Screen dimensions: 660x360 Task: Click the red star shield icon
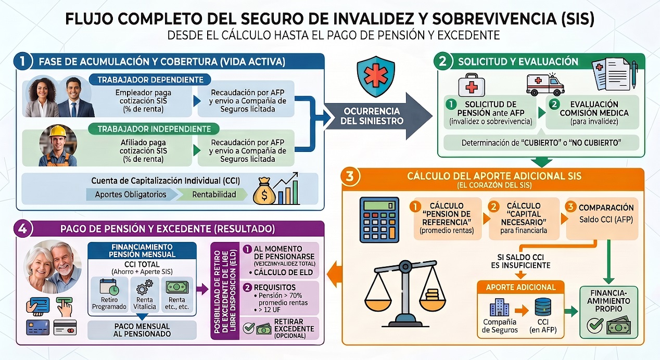(375, 76)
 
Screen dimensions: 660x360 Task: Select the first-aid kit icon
(472, 85)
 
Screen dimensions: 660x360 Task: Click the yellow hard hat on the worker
(58, 131)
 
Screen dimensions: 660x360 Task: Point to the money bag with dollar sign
(264, 191)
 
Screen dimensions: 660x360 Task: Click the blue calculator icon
(379, 220)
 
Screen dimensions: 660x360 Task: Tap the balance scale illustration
(405, 293)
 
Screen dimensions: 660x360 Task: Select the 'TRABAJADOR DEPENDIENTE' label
(150, 80)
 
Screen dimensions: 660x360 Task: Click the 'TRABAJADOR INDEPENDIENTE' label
(154, 129)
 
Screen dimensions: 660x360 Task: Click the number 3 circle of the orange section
(350, 176)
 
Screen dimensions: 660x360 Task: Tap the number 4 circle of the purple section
(23, 229)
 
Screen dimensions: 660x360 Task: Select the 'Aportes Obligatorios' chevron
(131, 195)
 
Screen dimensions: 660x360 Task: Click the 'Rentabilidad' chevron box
(213, 195)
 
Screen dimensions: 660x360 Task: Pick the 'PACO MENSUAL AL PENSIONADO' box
(142, 330)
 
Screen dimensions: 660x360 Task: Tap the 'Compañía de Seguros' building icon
(499, 307)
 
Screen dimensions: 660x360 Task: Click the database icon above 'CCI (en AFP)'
(543, 307)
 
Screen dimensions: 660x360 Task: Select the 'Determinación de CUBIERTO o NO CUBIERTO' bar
(541, 143)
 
